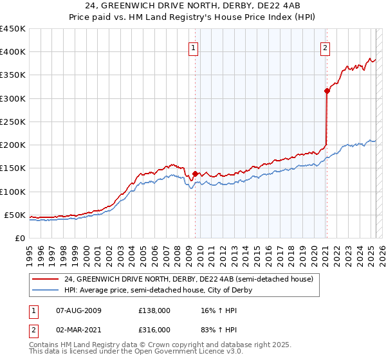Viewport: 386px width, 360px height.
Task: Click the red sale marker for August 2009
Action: point(195,174)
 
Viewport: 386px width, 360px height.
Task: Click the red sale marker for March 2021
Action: point(327,91)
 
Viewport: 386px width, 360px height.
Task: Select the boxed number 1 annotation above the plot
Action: point(194,47)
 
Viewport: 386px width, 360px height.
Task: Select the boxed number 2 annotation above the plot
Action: point(326,47)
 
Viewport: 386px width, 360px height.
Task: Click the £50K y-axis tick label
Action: point(15,215)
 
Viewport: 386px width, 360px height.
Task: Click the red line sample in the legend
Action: point(46,279)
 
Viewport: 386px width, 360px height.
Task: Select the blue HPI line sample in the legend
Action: point(46,290)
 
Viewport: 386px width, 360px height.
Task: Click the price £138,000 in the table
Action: point(154,310)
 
